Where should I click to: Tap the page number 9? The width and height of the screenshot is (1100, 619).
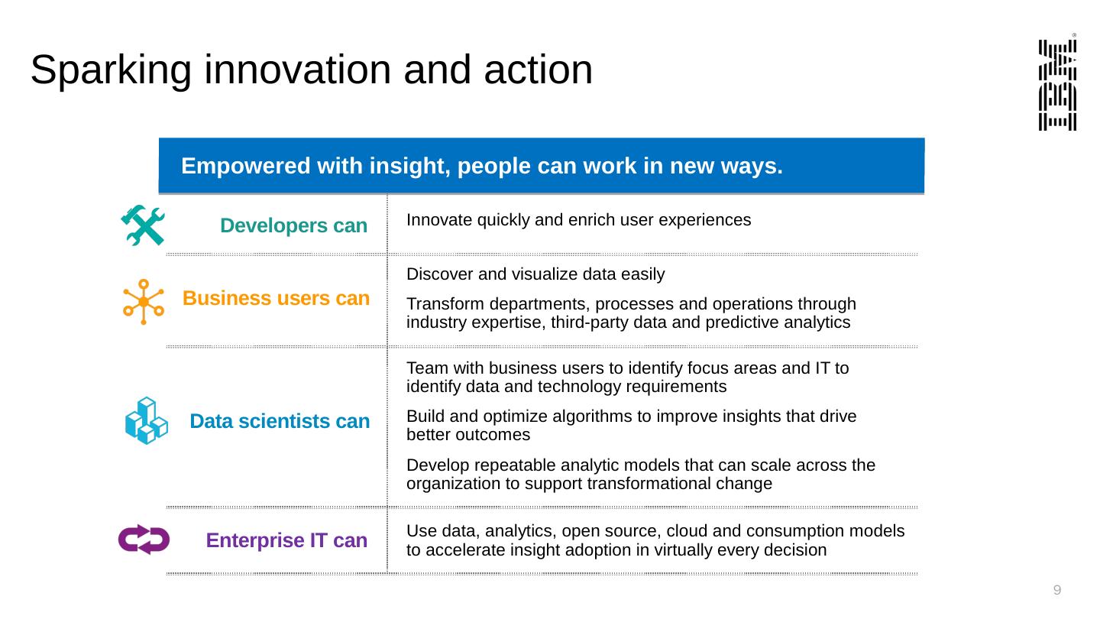[1056, 590]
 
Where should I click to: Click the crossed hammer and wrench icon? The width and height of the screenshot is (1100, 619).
[143, 225]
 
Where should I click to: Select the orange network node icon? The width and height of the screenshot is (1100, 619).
[144, 302]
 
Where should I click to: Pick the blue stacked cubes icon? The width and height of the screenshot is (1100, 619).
[147, 420]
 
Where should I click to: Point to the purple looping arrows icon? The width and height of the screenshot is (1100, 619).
[144, 540]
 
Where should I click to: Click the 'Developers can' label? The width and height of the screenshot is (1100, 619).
[293, 225]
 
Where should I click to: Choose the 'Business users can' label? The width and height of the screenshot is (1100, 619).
[276, 298]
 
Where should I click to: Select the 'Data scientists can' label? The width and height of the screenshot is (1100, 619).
[280, 421]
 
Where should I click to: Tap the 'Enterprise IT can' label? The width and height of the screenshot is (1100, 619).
[286, 540]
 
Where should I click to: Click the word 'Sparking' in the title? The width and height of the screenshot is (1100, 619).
[111, 70]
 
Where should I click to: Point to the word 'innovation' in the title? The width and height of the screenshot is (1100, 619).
[298, 70]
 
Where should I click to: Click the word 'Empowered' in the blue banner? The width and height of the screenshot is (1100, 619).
[245, 166]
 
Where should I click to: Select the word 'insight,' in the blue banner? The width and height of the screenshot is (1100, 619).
[410, 166]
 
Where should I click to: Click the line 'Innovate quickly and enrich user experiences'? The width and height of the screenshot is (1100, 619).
[578, 220]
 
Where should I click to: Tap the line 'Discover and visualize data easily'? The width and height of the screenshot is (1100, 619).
[535, 274]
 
